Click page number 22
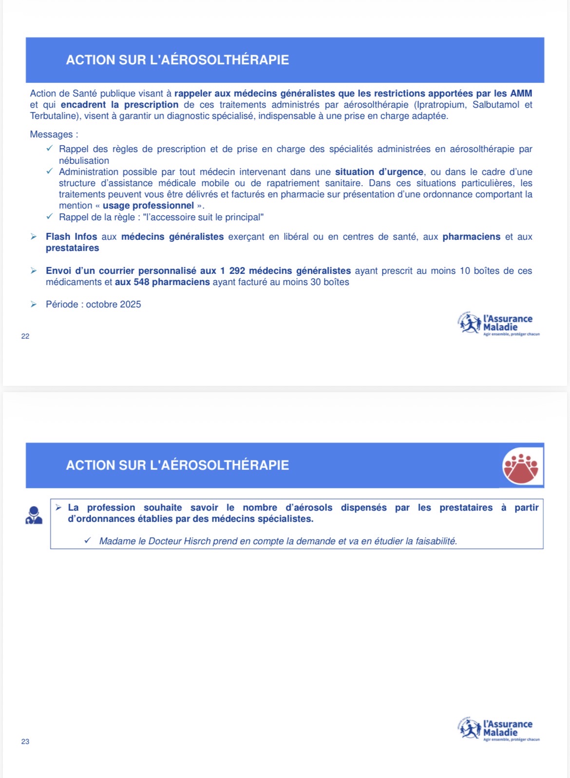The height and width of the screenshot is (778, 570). (x=25, y=336)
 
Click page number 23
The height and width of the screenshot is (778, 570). (x=25, y=741)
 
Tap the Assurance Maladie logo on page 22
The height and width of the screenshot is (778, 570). (x=499, y=324)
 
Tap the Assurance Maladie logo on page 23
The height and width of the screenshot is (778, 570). (x=499, y=730)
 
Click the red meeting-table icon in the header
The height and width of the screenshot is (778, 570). (x=520, y=467)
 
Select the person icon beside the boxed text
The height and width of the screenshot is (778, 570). (x=34, y=515)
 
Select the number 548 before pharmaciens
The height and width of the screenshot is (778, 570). (x=141, y=282)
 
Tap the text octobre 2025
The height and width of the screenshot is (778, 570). (x=114, y=304)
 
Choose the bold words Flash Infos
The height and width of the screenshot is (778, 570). (x=72, y=237)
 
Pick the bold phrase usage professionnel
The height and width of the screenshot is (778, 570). (x=148, y=206)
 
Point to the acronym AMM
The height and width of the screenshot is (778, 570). (x=521, y=94)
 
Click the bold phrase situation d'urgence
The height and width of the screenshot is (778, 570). (x=379, y=172)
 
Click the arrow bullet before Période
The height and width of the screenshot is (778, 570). (x=34, y=304)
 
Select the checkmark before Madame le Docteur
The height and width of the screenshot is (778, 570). (x=88, y=541)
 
